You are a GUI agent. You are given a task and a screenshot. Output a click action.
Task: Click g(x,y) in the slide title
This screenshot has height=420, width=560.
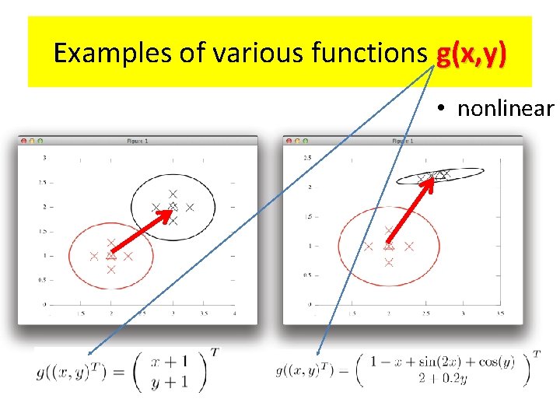coord(471,54)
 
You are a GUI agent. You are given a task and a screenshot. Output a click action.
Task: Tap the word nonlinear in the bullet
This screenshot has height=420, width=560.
coord(505,108)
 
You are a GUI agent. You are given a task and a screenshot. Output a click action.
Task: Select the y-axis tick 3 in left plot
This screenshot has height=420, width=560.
coord(45,158)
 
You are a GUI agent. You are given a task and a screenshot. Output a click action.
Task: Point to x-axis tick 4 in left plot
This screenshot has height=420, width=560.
coord(234,313)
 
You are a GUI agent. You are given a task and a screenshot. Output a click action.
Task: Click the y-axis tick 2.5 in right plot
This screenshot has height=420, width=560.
coord(306,158)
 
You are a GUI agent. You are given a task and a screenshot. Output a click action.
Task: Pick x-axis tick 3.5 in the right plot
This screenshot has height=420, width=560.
coord(500,313)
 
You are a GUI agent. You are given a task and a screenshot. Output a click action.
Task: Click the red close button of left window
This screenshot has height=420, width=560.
coord(24,141)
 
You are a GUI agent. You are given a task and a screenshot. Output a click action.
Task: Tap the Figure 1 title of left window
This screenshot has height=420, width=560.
coord(137,141)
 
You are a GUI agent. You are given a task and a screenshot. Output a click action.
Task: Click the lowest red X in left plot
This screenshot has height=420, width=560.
coord(110,269)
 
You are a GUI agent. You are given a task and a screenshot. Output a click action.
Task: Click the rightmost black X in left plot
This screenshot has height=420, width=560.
coord(189,208)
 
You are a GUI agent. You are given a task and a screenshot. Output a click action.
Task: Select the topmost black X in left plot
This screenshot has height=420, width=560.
coord(173,193)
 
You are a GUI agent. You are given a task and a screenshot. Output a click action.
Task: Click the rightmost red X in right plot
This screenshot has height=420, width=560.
coord(410,246)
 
